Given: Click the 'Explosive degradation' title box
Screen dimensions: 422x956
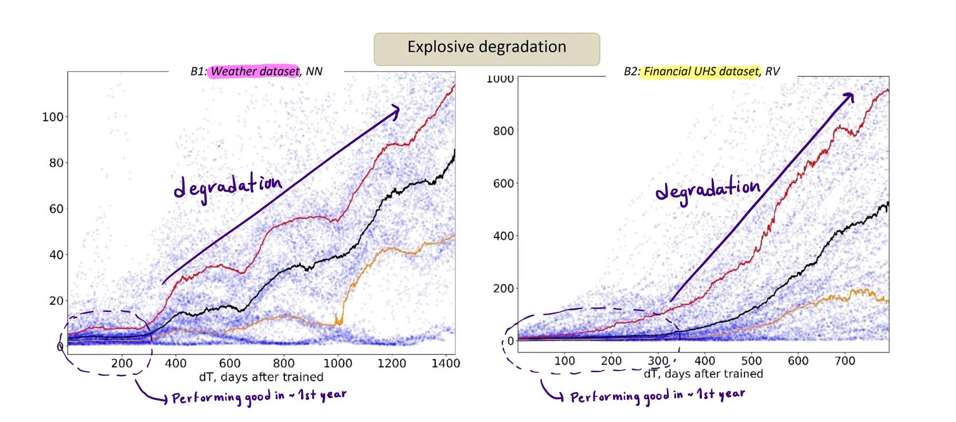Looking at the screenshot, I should (486, 48).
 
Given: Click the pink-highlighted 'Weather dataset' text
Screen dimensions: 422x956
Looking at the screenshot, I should (255, 72).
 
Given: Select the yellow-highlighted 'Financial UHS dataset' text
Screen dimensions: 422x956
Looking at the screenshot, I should (701, 72).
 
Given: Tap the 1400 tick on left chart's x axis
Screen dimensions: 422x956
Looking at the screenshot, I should (446, 363).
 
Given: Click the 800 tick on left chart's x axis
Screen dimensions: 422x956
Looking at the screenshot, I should (283, 363).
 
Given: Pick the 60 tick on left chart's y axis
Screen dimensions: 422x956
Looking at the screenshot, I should (56, 209).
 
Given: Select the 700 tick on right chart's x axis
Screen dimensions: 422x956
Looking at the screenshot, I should (845, 361).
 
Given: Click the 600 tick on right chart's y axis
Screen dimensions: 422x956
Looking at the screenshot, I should (503, 183).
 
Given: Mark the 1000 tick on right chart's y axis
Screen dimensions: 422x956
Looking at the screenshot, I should (500, 79).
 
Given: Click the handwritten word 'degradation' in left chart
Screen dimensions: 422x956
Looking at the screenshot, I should (228, 187).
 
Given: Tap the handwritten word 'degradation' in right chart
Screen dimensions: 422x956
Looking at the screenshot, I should (708, 190).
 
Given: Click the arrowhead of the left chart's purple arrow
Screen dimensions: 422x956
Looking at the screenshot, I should (395, 110).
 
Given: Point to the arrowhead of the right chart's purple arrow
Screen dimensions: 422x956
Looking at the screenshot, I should (849, 97).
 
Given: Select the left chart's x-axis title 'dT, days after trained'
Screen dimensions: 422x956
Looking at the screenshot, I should (261, 377).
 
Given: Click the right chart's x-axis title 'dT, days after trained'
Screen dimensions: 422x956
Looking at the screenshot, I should (703, 374).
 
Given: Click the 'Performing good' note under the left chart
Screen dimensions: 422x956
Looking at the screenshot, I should (259, 397).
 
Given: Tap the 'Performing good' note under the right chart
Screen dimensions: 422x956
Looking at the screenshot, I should (657, 396).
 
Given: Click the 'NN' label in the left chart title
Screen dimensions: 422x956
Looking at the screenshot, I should (314, 72).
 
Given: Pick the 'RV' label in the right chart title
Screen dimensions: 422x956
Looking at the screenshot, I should (772, 72).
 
